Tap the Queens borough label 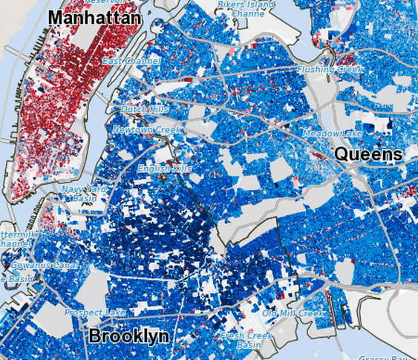click(368, 154)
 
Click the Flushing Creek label click(330, 69)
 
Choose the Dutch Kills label click(145, 109)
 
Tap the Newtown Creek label click(146, 130)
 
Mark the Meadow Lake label click(332, 133)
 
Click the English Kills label click(164, 169)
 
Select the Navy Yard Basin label click(80, 194)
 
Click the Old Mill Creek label click(293, 313)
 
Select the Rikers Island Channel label click(246, 9)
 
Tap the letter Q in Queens click(343, 154)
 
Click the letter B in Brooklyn click(95, 336)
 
